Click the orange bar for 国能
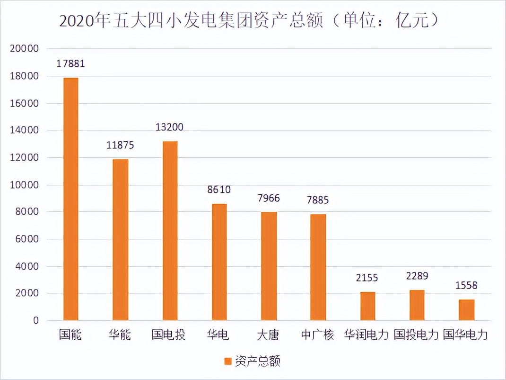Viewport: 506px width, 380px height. pyautogui.click(x=70, y=199)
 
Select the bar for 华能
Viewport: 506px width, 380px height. pyautogui.click(x=120, y=240)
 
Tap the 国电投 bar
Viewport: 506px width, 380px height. pyautogui.click(x=170, y=231)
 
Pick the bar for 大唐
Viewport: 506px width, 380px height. pyautogui.click(x=269, y=266)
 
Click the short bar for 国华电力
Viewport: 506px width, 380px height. pyautogui.click(x=466, y=310)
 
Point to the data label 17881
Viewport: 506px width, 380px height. pyautogui.click(x=70, y=64)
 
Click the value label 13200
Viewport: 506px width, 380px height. pyautogui.click(x=170, y=127)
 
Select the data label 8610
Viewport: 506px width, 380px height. pyautogui.click(x=219, y=190)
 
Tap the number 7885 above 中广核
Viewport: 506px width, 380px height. pyautogui.click(x=317, y=200)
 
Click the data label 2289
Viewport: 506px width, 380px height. pyautogui.click(x=417, y=276)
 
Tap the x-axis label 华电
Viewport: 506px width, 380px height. pyautogui.click(x=218, y=335)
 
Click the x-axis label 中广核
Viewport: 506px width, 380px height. pyautogui.click(x=317, y=335)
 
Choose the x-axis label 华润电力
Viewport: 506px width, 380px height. pyautogui.click(x=366, y=335)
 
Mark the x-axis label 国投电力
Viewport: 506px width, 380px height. pyautogui.click(x=416, y=335)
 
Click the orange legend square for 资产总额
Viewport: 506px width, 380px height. pyautogui.click(x=228, y=362)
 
